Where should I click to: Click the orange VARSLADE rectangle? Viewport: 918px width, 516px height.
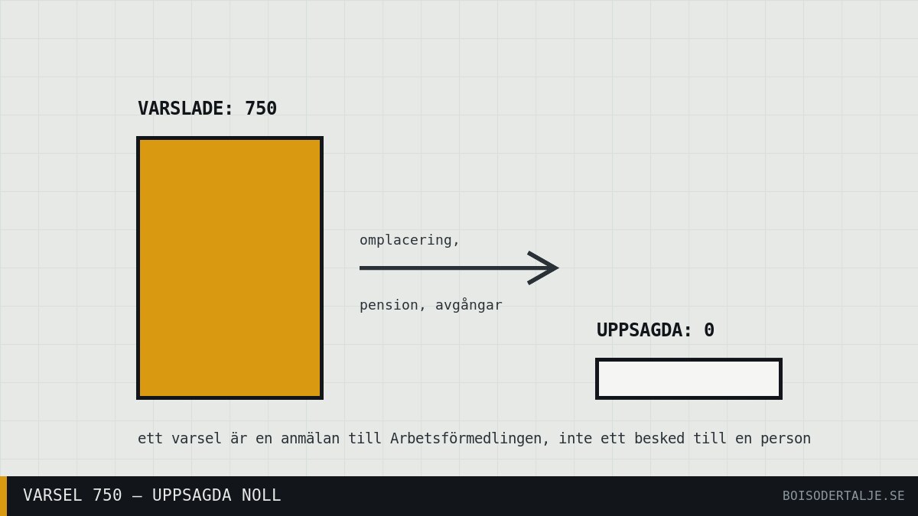[230, 268]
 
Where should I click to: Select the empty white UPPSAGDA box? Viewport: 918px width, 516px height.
[688, 379]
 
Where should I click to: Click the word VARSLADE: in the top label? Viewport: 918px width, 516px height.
[186, 109]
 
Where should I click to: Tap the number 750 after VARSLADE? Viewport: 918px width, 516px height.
[261, 109]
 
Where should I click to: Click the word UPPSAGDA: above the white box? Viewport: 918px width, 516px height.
[644, 330]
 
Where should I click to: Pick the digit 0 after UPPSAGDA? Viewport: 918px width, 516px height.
[709, 330]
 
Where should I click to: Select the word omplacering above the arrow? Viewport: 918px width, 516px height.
[405, 240]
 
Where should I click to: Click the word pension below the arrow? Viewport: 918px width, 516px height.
[389, 305]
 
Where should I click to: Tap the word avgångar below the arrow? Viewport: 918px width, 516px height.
[468, 305]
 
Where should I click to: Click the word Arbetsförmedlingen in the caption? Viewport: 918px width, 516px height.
[465, 439]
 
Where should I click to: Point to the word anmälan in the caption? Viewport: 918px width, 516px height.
[310, 439]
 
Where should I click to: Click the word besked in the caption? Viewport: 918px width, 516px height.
[659, 439]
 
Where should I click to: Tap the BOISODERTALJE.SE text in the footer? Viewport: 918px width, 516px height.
[843, 496]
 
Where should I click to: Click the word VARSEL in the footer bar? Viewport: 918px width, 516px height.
[52, 495]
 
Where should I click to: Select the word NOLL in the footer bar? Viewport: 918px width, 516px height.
[261, 495]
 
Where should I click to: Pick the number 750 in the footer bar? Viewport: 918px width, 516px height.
[107, 495]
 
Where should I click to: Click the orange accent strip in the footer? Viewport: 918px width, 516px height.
[3, 496]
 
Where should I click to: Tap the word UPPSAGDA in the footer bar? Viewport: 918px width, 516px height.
[191, 495]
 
